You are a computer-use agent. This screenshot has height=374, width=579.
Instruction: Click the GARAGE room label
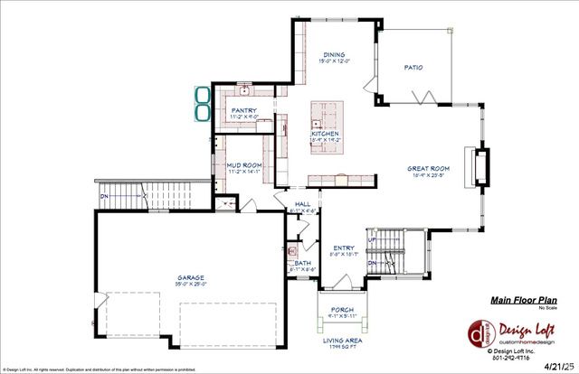190,277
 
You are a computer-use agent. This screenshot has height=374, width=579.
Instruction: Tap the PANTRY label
244,110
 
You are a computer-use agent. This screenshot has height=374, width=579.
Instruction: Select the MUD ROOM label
244,165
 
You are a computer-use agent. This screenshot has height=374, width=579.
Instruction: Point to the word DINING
334,55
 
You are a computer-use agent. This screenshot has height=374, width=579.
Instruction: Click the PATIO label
413,68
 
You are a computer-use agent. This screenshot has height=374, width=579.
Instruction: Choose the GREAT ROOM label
428,168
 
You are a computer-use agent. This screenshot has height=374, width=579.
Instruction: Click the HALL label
302,204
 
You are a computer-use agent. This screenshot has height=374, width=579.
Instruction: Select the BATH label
302,263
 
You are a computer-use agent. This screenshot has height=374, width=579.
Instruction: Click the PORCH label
344,309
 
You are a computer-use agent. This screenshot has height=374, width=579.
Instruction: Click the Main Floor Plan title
523,300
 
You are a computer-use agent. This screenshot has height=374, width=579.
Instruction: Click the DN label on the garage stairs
104,195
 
